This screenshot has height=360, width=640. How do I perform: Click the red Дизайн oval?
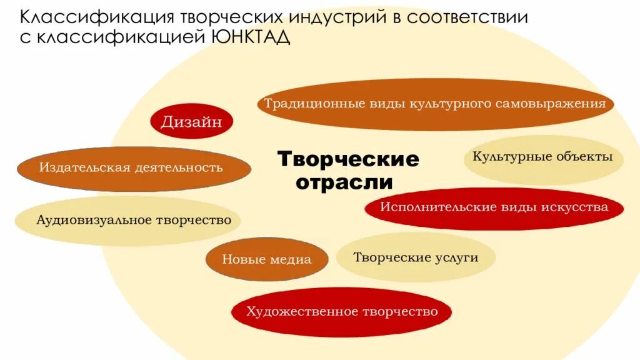coord(191,122)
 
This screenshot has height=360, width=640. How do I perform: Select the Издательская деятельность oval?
coord(133,167)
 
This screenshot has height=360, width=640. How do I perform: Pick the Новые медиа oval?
coord(267,259)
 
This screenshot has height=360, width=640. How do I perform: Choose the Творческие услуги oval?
coord(416,257)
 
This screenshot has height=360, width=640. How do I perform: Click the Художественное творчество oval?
coord(342,311)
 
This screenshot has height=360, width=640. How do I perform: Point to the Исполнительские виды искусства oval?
coord(494,207)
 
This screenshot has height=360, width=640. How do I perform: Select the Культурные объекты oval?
coord(542,157)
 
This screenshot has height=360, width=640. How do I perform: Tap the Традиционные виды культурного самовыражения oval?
coord(435,103)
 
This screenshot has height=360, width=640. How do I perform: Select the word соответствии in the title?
coord(467,17)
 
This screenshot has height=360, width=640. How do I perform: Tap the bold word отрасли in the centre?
coord(344,182)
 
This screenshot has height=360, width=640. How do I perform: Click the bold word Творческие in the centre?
coord(348,159)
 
